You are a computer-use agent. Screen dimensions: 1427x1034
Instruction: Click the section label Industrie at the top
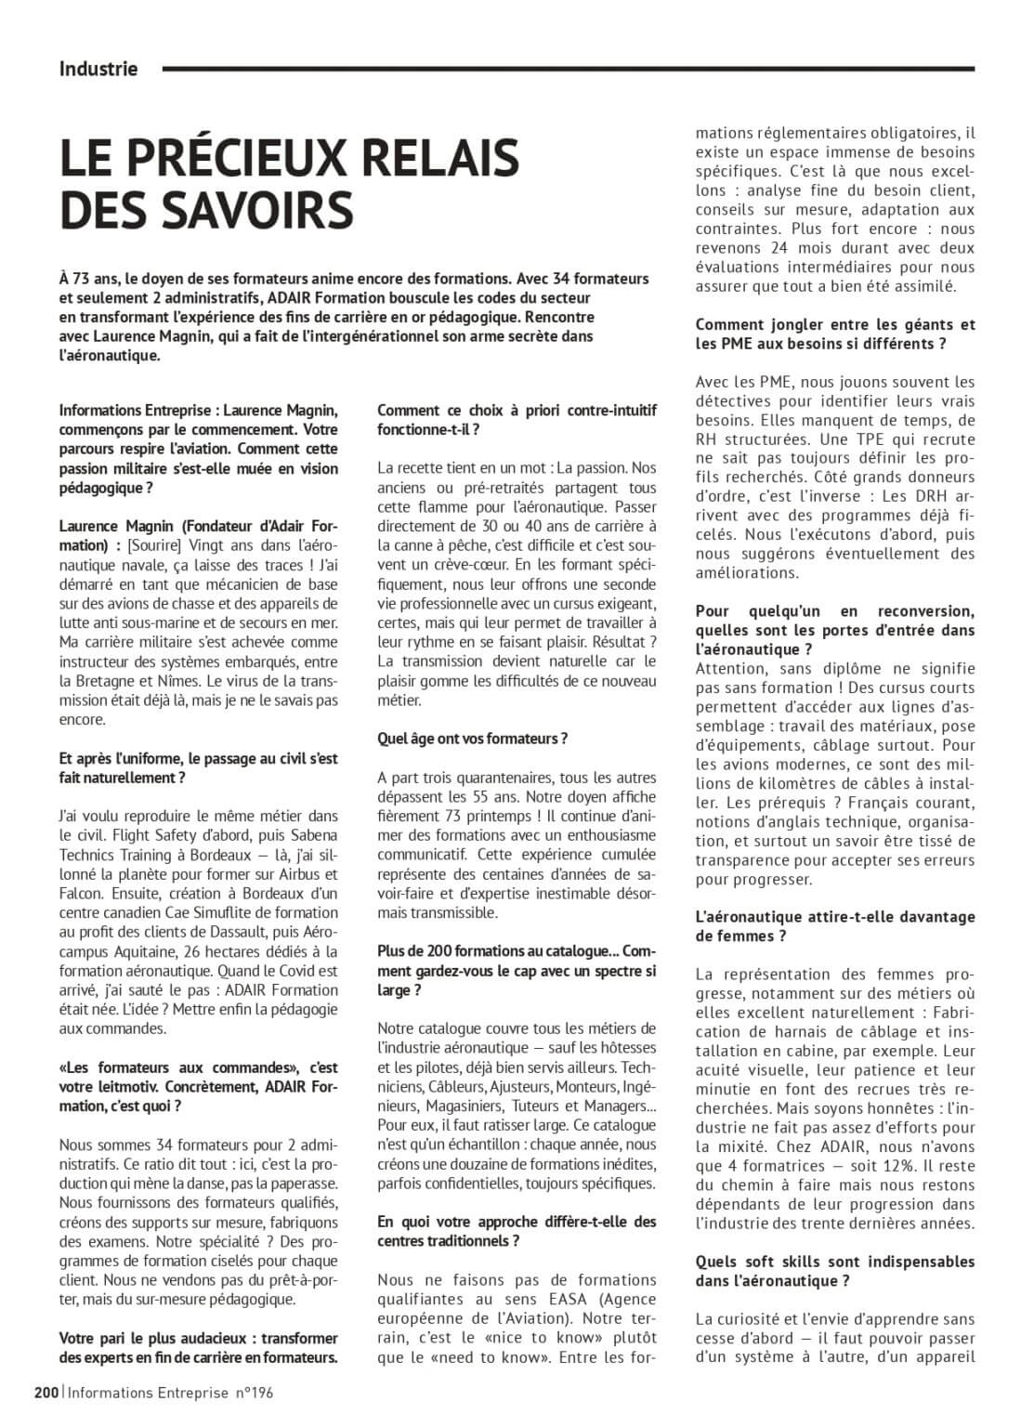98,68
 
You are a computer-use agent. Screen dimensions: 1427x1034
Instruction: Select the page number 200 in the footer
46,1392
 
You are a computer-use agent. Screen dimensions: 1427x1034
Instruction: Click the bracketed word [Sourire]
153,545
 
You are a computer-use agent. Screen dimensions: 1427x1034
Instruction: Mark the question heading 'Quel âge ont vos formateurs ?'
472,739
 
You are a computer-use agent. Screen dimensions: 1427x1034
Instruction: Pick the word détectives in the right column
734,400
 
